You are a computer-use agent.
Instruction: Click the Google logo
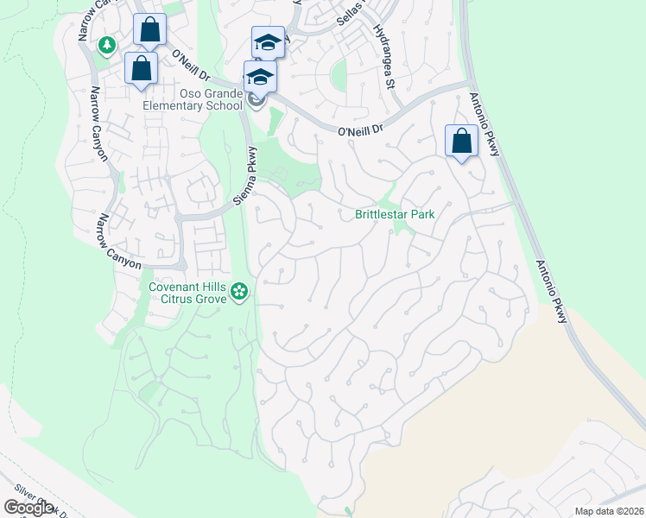[28, 508]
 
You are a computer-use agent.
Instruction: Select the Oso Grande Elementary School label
[199, 99]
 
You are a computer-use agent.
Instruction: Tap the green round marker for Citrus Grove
[241, 294]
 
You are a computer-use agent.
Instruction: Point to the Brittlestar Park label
[394, 214]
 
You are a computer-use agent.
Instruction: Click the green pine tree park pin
[108, 44]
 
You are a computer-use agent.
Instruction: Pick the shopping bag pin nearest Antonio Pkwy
[462, 141]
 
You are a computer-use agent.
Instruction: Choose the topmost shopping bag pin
[149, 29]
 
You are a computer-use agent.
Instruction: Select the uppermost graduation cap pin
[268, 42]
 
